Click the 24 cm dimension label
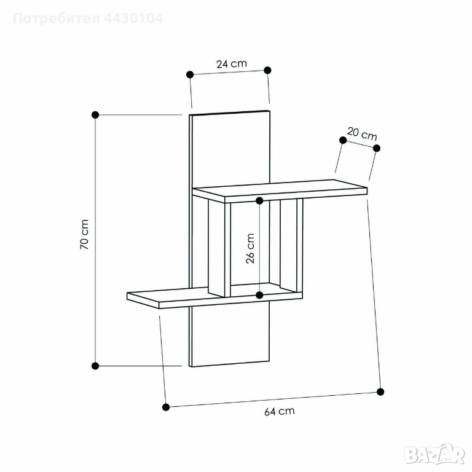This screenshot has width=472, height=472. pos(232,64)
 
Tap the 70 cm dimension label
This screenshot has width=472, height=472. pos(84,234)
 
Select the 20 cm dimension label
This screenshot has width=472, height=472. pos(362,134)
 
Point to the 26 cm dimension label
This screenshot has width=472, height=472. pos(250,248)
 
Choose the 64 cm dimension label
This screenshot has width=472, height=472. pos(280,411)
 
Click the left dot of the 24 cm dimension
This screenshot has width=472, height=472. pos(190,74)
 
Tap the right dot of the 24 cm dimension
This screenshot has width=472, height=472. pos(267,70)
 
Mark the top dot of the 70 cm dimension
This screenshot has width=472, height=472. pos(95,115)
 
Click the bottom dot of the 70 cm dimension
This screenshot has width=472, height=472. pos(95,366)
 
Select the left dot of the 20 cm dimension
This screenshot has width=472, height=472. pos(343,140)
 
